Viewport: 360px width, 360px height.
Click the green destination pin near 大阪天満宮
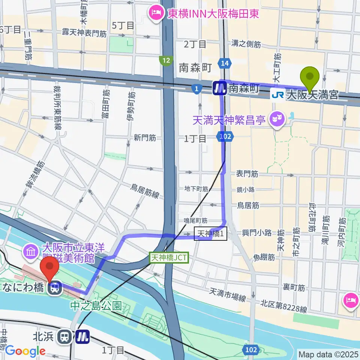tap(310, 78)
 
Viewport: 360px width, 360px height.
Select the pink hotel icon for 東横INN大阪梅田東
tap(154, 13)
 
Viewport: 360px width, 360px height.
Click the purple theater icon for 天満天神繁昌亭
tap(278, 120)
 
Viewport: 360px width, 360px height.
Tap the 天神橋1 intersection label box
tap(210, 234)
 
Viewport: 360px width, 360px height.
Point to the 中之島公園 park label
tap(96, 306)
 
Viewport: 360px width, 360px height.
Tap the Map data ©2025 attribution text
tap(328, 354)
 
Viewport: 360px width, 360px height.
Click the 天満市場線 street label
tap(227, 295)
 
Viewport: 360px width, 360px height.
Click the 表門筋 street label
tap(247, 174)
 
